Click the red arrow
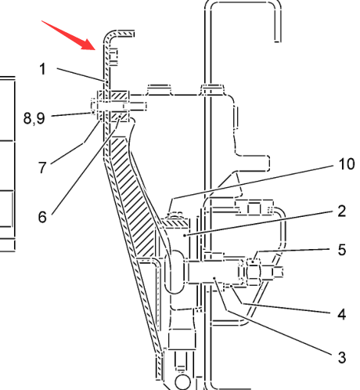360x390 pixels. pos(69,35)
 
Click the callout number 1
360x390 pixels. pos(43,69)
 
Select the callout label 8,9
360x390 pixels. pos(34,118)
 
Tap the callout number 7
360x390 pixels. pos(42,168)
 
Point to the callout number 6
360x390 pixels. pos(42,217)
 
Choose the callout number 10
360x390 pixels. pos(347,164)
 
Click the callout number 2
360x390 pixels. pos(342,211)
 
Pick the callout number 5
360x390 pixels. pos(342,250)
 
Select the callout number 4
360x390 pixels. pos(342,314)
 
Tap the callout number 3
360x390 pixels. pos(342,357)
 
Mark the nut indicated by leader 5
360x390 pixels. pos(254,272)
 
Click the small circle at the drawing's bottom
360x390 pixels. pos(183,382)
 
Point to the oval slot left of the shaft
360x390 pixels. pos(175,272)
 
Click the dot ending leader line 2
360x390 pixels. pos(185,236)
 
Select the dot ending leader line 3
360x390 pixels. pos(214,278)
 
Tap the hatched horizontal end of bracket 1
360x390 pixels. pos(123,34)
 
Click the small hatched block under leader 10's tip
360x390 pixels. pos(175,222)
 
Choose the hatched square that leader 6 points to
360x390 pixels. pos(120,116)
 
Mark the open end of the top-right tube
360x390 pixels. pos(278,42)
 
